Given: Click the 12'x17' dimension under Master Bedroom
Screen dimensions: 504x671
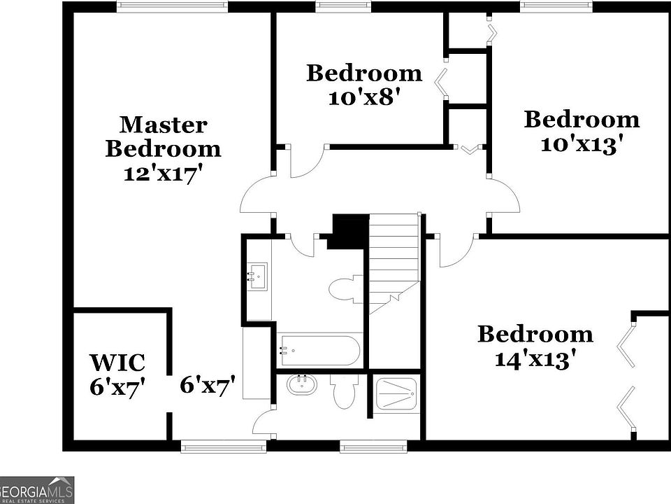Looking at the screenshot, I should click(163, 173).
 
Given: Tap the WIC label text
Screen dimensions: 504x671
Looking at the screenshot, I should click(117, 363).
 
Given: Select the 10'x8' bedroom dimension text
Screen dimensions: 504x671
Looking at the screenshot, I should click(363, 97).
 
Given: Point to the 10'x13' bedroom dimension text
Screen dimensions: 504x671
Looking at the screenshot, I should click(582, 143).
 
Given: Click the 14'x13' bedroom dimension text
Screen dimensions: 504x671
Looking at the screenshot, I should click(535, 358).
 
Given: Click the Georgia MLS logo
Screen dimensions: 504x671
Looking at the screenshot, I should click(36, 490).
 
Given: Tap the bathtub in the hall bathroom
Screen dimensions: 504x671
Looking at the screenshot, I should click(319, 351).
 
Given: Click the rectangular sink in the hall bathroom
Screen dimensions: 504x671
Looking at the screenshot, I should click(257, 276).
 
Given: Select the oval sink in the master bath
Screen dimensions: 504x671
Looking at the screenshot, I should click(302, 384).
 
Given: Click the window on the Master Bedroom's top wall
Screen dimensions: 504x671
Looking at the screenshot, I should click(171, 6).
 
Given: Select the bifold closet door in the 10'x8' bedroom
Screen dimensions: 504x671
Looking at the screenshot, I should click(442, 83).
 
